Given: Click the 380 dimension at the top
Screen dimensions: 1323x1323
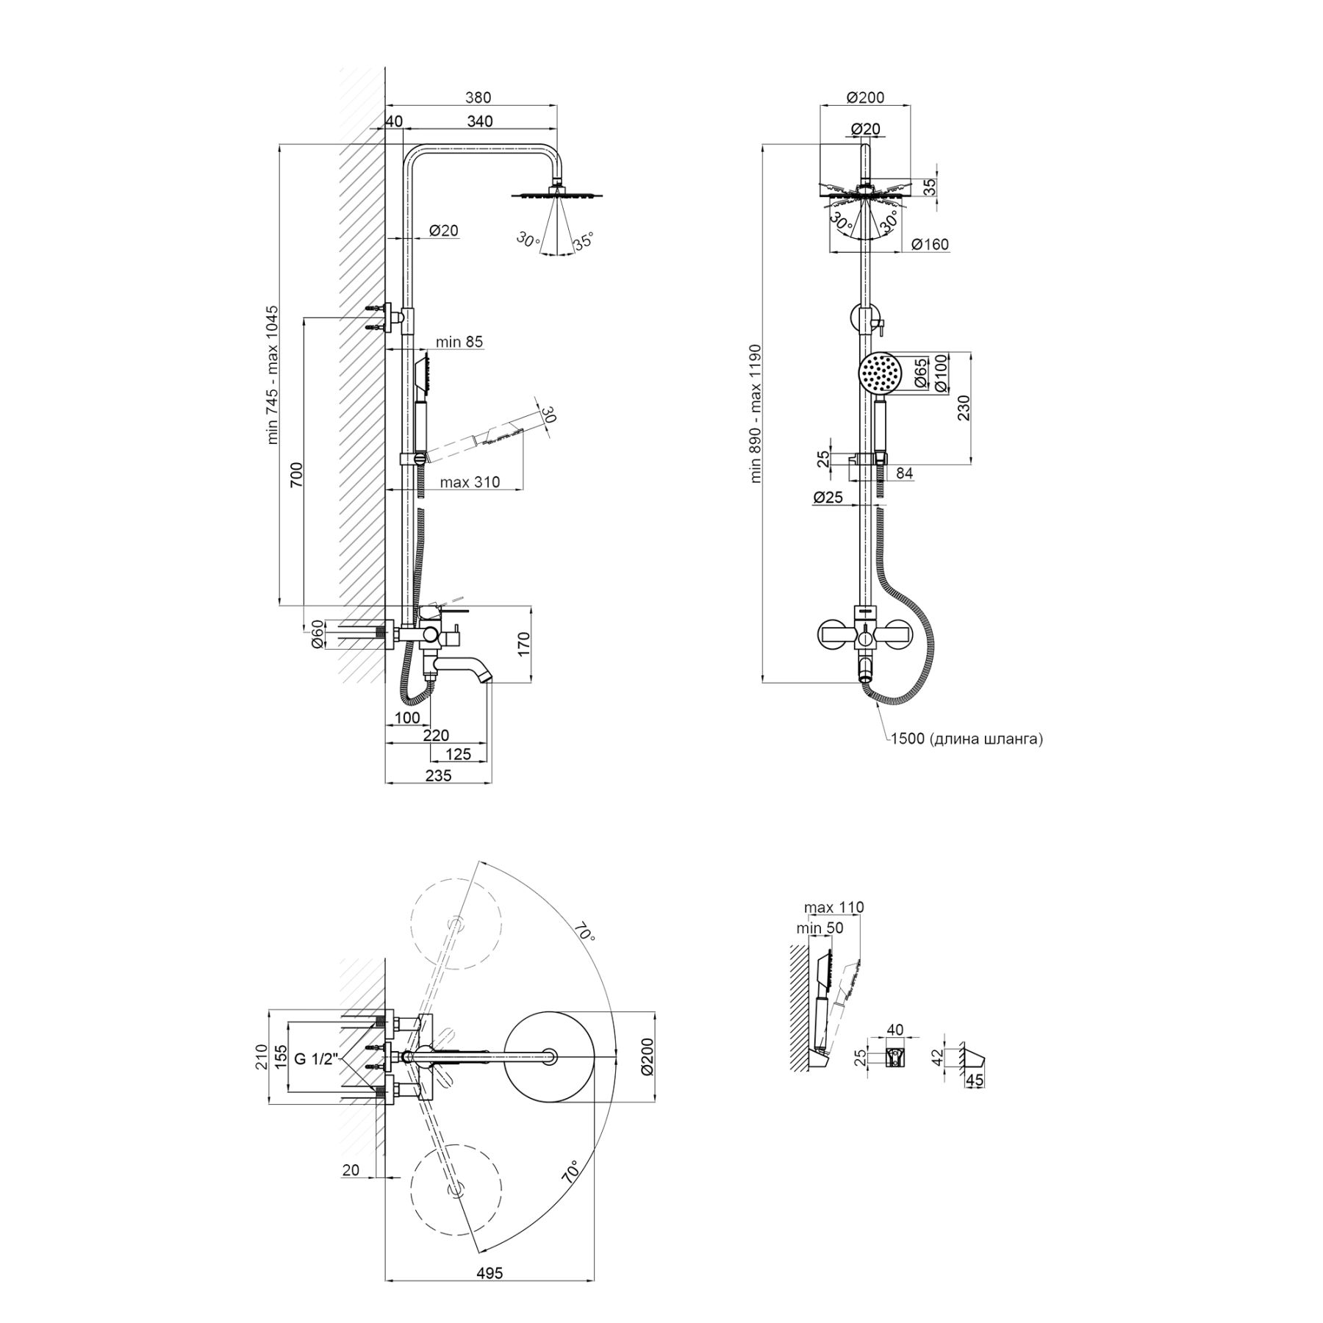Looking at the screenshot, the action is click(x=478, y=98).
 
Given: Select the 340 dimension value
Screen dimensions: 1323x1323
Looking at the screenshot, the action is click(x=480, y=121).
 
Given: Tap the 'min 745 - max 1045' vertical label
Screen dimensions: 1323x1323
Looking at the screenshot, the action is click(x=273, y=375).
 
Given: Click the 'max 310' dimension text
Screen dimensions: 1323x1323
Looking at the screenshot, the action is click(x=470, y=482).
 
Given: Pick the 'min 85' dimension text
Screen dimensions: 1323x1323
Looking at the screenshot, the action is click(x=459, y=342).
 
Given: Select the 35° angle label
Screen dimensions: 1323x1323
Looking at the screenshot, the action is click(x=582, y=241).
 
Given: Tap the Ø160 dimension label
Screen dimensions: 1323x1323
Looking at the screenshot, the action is click(x=930, y=244).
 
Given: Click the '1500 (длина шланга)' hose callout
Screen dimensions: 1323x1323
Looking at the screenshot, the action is click(x=967, y=739).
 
